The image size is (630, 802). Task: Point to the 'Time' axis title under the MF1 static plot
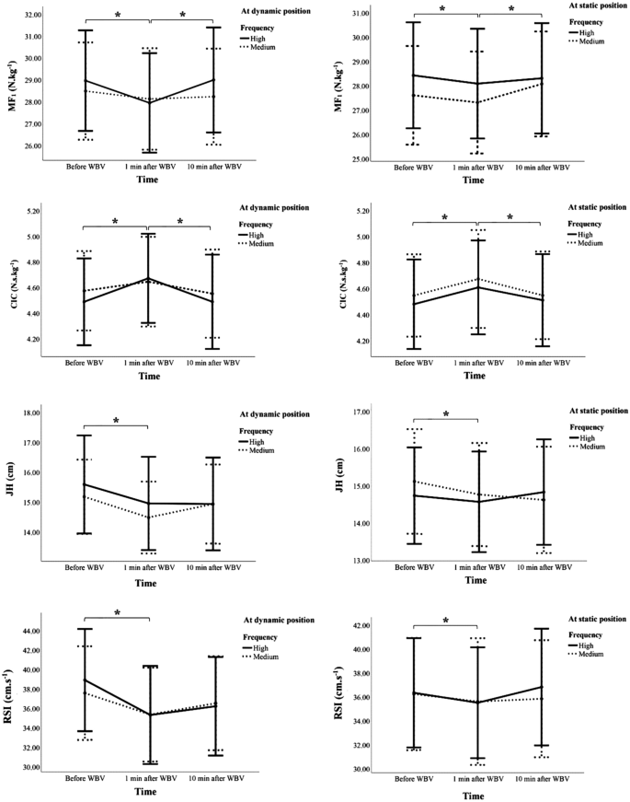point(473,180)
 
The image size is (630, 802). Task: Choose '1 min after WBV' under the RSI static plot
point(477,779)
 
